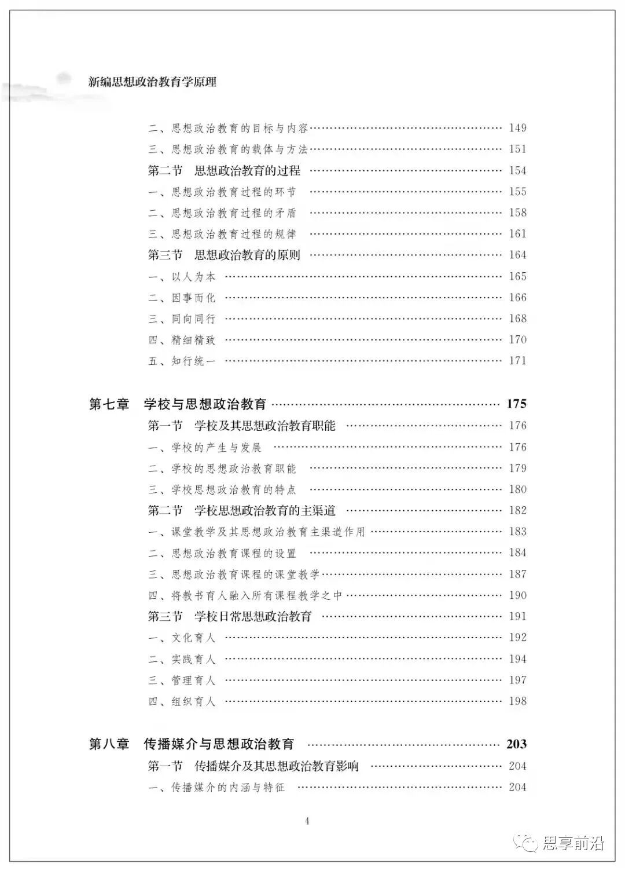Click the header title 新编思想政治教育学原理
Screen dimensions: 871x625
tap(152, 82)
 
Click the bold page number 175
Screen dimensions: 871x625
tap(516, 404)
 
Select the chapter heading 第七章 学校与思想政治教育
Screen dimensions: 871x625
tap(178, 404)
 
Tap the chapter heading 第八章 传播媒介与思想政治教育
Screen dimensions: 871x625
tap(192, 744)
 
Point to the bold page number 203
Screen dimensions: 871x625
tap(516, 744)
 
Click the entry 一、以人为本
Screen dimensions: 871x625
tap(182, 277)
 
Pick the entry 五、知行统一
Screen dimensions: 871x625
tap(182, 361)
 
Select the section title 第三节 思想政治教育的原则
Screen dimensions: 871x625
tap(224, 255)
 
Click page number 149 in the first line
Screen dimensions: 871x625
tap(517, 128)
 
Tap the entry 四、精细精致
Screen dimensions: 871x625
tap(182, 340)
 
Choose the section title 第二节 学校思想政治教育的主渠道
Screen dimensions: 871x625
tap(241, 511)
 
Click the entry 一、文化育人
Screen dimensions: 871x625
tap(182, 638)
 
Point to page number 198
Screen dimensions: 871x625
tap(517, 701)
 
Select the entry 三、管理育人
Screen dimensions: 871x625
tap(182, 680)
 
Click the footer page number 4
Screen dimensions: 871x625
tap(307, 821)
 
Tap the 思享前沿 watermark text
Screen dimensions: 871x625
tap(573, 843)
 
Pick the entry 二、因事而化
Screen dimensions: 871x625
tap(182, 298)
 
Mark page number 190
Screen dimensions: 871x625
tap(517, 595)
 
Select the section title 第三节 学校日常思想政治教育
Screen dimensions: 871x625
tap(230, 616)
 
